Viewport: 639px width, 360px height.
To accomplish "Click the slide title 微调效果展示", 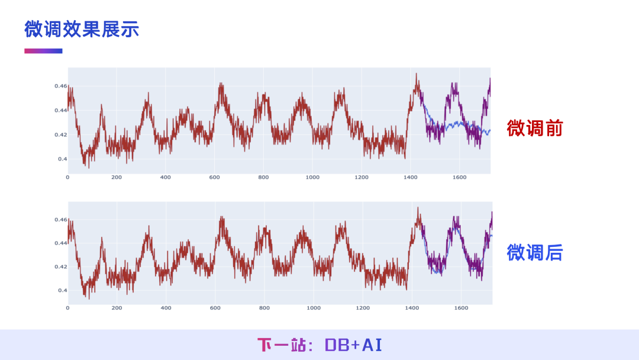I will (x=82, y=29).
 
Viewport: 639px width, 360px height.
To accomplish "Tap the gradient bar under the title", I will (x=43, y=51).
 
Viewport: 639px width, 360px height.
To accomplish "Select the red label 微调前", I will (x=534, y=128).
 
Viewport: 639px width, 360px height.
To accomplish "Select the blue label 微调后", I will (x=534, y=253).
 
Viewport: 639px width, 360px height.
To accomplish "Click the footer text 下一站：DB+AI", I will (x=319, y=345).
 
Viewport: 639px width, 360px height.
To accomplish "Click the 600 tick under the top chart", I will (x=214, y=177).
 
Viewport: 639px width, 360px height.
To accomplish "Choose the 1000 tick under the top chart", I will (x=312, y=177).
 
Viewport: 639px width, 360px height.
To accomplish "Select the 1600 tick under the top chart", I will (x=459, y=177).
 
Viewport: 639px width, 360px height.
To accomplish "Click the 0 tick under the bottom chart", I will (x=67, y=308).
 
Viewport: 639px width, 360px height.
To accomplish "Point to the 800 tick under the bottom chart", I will (x=264, y=308).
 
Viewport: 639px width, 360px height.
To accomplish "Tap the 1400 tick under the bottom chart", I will (x=412, y=308).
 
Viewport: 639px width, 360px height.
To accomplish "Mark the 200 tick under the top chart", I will (x=117, y=177).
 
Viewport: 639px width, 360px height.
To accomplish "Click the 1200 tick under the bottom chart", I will (x=363, y=308).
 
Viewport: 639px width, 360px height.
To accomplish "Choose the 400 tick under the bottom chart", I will (x=166, y=308).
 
